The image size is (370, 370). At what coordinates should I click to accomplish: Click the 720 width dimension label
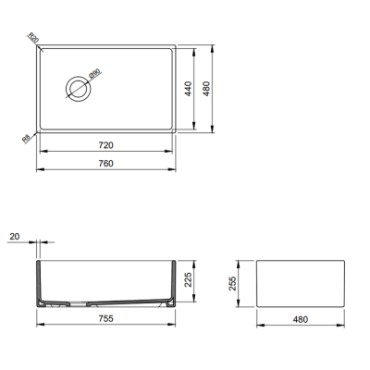[105, 146]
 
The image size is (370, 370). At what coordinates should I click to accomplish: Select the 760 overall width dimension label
[105, 164]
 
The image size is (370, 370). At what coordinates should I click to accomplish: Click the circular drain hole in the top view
[78, 88]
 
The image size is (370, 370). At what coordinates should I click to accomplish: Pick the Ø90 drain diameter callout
[93, 76]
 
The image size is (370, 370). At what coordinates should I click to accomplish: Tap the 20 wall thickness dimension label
[13, 239]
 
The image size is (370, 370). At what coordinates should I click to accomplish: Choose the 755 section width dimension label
[105, 317]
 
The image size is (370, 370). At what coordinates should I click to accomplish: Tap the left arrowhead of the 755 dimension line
[39, 325]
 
